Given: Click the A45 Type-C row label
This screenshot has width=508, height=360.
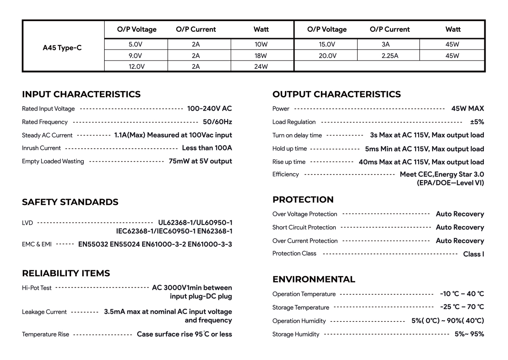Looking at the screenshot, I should [x=62, y=48].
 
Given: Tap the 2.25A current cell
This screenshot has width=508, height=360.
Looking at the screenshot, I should [x=389, y=55].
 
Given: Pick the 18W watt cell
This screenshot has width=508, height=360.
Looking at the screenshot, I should [x=261, y=55].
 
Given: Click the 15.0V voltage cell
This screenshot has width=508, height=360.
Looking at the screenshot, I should [x=327, y=44].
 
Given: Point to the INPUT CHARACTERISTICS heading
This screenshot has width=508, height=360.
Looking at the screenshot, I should [x=81, y=94].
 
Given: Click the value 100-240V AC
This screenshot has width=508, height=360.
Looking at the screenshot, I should [x=210, y=108].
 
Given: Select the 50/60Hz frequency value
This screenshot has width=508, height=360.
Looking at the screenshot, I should [x=217, y=122].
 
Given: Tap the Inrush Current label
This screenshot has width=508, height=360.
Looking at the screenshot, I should [x=41, y=148].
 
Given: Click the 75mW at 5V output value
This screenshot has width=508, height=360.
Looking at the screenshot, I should [x=200, y=161].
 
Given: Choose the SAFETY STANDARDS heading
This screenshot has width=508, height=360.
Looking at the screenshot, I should [x=70, y=202].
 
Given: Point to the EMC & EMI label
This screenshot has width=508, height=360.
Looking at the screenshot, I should [x=37, y=244].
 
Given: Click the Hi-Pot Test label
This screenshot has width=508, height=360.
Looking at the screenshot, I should [x=37, y=288].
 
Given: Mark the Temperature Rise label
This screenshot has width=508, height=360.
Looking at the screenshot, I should [x=45, y=334].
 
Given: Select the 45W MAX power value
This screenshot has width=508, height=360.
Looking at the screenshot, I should [x=467, y=108].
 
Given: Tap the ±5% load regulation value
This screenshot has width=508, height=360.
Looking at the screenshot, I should [x=477, y=122].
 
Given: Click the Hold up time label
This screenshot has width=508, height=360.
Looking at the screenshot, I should [x=290, y=149].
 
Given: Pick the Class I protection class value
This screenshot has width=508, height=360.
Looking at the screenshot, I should [x=473, y=254].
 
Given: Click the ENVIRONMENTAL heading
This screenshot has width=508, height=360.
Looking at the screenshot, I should [x=314, y=280].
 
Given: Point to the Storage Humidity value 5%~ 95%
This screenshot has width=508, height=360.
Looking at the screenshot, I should [x=469, y=334].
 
